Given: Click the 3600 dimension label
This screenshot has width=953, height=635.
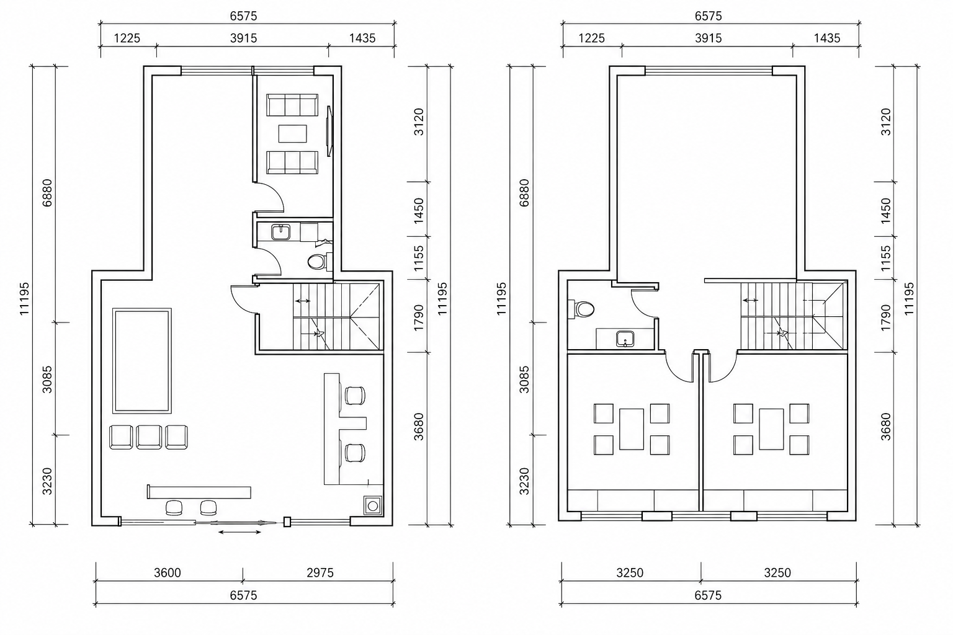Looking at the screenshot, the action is point(167,573).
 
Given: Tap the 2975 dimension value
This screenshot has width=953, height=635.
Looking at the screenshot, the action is point(320,573).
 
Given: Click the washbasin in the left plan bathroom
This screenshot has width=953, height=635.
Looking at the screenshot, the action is point(281,233).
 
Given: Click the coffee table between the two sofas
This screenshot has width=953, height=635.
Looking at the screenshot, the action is point(293,133).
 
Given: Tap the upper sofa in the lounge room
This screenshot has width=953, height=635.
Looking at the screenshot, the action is point(292,105).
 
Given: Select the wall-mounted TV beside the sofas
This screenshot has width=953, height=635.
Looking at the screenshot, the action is point(329,131).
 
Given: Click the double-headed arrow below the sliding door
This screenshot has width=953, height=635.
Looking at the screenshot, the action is point(239,531).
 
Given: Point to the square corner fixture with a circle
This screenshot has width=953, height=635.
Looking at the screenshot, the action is point(373,505).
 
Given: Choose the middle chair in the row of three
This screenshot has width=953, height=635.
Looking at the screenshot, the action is point(149,437).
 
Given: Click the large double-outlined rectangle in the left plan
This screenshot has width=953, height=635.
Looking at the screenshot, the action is point(142,361).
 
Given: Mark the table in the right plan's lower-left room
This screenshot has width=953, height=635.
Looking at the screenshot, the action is point(632,429).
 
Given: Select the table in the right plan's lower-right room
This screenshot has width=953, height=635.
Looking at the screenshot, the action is point(771,429).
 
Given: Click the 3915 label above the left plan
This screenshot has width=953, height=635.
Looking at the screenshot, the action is point(244,38).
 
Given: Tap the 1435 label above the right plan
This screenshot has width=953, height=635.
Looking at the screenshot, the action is point(827,38).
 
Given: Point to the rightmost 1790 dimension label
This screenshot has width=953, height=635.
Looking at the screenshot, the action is point(886,317).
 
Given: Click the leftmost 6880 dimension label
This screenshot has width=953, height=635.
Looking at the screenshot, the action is point(47,193).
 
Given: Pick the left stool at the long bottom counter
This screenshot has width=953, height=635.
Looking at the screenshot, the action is point(174,508).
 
